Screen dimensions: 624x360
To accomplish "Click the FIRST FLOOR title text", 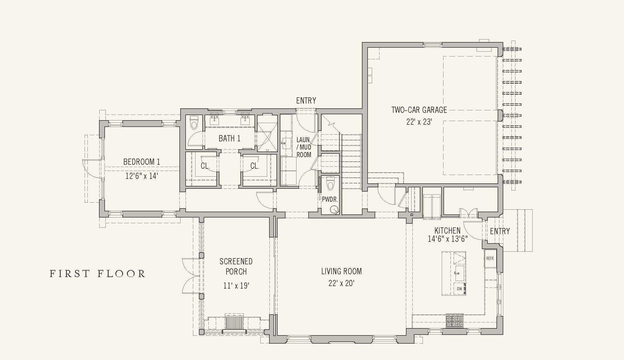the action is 97,274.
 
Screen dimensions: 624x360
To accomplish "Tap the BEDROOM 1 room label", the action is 142,162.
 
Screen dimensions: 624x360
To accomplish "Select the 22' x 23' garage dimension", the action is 419,122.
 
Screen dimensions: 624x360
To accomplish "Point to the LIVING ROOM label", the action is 341,271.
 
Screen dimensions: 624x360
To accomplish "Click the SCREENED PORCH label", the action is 236,266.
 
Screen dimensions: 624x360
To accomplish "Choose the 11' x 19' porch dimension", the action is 236,286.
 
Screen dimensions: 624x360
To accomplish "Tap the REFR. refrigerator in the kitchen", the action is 490,258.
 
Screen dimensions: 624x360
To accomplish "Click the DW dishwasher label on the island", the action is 460,289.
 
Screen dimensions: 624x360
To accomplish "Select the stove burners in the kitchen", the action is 454,321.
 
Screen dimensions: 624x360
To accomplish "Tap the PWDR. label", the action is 330,199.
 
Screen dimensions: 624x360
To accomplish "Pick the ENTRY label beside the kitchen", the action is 500,231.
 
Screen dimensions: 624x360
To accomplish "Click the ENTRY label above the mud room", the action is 306,100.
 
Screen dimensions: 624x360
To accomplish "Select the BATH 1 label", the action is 230,138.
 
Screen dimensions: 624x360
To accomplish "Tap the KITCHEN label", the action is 447,231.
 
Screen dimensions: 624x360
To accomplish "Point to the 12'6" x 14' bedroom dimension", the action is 142,176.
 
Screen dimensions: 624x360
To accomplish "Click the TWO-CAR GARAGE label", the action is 419,110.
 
